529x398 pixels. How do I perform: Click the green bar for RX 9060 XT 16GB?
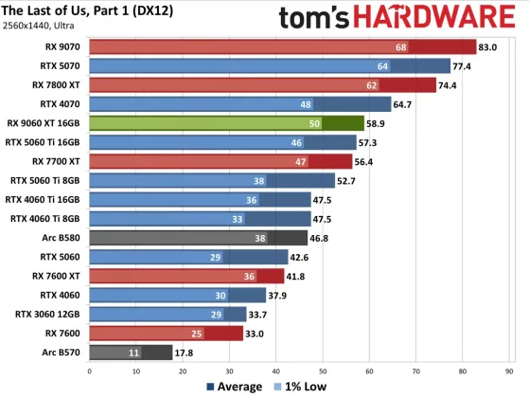point(225,122)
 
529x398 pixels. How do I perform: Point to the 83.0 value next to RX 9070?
point(489,46)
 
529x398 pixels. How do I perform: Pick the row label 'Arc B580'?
point(60,237)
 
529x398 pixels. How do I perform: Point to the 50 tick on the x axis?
point(323,370)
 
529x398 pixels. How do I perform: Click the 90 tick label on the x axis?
point(509,370)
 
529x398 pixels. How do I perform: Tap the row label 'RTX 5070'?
point(59,65)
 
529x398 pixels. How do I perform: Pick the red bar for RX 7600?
point(166,333)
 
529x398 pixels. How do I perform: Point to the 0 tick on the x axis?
point(89,370)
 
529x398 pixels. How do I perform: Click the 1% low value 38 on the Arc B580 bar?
point(287,237)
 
